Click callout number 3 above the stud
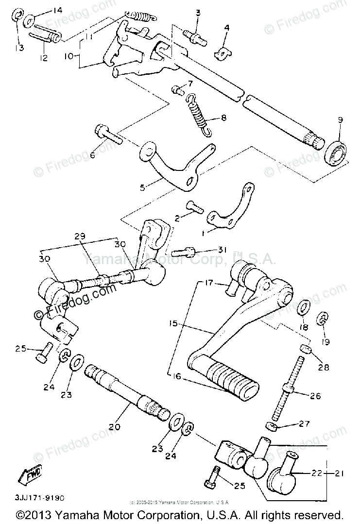point(198,12)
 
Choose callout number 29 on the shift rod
point(80,236)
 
